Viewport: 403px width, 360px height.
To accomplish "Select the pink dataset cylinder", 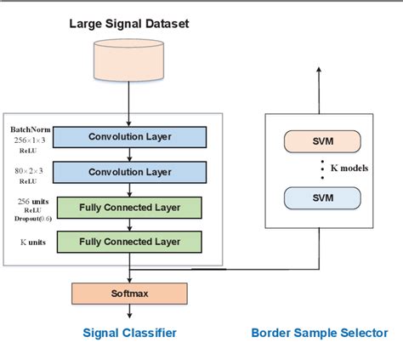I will click(130, 61).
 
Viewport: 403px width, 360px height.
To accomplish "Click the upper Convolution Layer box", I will click(129, 137).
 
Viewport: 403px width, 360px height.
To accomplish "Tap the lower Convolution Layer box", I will click(129, 171).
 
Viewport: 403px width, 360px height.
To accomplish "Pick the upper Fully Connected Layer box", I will click(129, 208).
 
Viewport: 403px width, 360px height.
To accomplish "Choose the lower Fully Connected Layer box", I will click(129, 242).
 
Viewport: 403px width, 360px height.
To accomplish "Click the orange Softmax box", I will click(129, 294).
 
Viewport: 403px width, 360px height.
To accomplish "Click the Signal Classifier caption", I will click(129, 334).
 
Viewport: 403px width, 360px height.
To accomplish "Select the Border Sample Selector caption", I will click(319, 334).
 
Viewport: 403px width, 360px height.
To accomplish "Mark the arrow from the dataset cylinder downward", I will click(130, 100).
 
